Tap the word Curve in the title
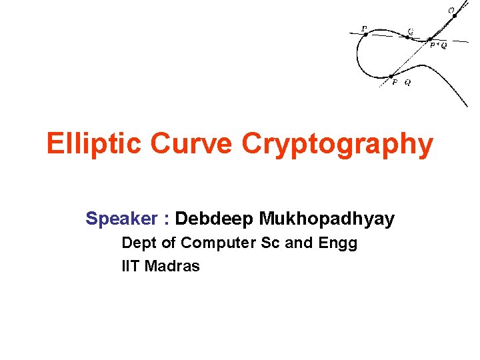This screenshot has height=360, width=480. [x=193, y=143]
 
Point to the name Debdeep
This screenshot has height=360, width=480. [x=214, y=219]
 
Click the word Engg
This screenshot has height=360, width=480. [x=339, y=243]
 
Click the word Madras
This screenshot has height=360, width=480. [x=172, y=267]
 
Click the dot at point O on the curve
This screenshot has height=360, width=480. [x=455, y=16]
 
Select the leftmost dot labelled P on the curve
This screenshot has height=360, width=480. [x=365, y=35]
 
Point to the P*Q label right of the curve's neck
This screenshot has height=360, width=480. [x=438, y=46]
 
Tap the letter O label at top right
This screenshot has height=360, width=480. [x=451, y=9]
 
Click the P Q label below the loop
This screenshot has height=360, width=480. [x=401, y=83]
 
